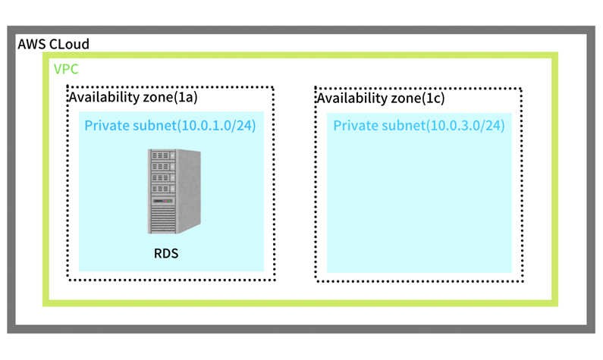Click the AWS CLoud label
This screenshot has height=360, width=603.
click(53, 44)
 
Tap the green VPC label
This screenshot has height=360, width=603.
click(66, 69)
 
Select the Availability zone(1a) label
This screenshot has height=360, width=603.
click(133, 97)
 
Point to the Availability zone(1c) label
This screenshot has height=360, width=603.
click(381, 98)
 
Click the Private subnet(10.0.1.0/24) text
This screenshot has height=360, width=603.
click(170, 125)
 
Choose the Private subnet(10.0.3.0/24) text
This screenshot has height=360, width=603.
click(419, 125)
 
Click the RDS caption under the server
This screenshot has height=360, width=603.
click(166, 254)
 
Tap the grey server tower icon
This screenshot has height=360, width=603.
click(174, 191)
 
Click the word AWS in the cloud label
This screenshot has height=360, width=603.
click(32, 44)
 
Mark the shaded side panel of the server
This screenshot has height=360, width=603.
click(189, 190)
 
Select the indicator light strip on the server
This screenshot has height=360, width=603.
click(163, 201)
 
